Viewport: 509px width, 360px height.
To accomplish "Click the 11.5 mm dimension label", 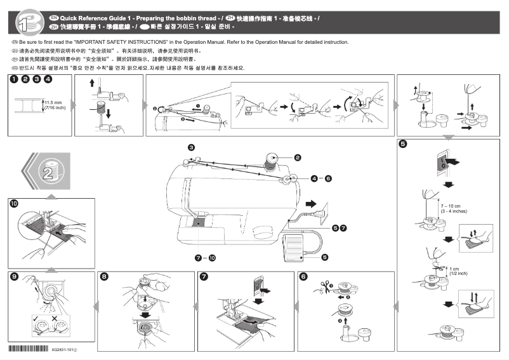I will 53,102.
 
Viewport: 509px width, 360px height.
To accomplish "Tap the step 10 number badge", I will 14,204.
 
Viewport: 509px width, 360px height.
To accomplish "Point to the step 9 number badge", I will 14,276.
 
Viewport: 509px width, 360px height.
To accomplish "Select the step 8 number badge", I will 104,276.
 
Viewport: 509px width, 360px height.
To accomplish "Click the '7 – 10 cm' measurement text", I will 450,206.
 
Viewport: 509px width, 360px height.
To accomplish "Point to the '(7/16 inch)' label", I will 54,107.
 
